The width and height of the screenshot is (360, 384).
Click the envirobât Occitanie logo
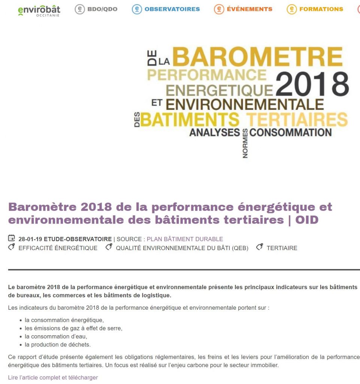(x=39, y=10)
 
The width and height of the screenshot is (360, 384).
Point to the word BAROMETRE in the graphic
(x=257, y=57)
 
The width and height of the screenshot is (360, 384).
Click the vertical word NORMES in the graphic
(x=245, y=144)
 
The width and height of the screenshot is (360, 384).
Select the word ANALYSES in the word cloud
(x=214, y=132)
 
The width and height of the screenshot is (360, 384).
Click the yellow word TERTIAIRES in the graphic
(x=297, y=120)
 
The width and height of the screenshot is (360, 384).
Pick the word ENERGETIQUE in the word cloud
(x=220, y=90)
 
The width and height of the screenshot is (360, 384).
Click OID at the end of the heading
(x=306, y=220)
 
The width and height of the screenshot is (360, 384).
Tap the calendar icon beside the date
(x=12, y=238)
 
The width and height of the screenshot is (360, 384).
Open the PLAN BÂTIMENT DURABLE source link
(x=185, y=239)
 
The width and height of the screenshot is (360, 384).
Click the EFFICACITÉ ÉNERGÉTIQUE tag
(x=58, y=248)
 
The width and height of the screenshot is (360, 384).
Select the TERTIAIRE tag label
(x=282, y=248)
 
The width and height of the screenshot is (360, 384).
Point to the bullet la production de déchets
(x=58, y=345)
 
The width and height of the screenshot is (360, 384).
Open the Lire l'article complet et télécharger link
(x=53, y=378)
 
